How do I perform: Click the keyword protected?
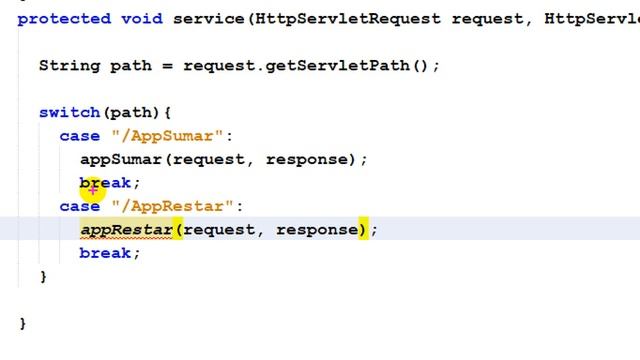tap(64, 19)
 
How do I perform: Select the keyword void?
tap(141, 19)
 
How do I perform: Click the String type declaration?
tap(69, 66)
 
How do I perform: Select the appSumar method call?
tap(121, 159)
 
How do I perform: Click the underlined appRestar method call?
tap(126, 230)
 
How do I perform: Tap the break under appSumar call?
tap(105, 183)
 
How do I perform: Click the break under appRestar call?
tap(105, 253)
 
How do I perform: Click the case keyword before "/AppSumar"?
tap(80, 136)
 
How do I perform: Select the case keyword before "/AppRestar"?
tap(80, 206)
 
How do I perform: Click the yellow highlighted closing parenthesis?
tap(363, 230)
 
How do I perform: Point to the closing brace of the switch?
tap(43, 277)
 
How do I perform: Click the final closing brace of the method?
tap(22, 324)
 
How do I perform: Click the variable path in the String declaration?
tap(131, 66)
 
